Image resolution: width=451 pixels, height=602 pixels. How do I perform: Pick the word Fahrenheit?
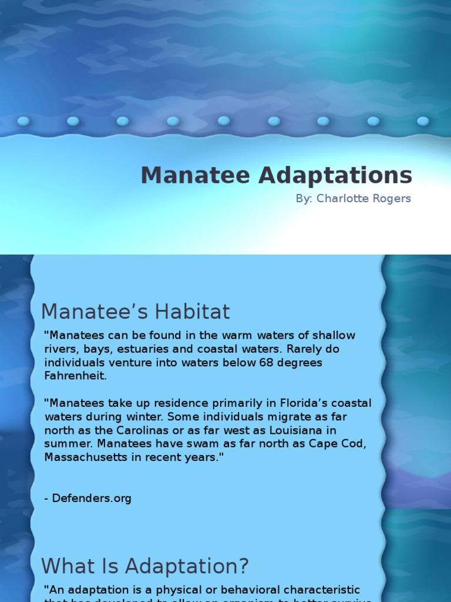[75, 376]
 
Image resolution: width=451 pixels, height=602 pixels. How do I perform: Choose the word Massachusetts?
[85, 457]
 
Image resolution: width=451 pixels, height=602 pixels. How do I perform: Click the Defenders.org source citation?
[88, 499]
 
